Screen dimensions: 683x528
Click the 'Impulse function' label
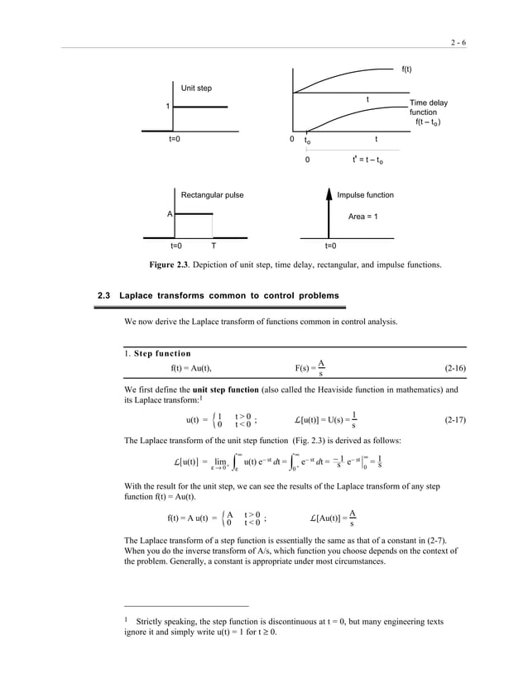(x=365, y=195)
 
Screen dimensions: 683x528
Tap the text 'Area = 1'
(x=361, y=215)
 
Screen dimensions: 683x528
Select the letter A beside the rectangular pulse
(x=170, y=213)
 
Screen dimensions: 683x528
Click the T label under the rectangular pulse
(x=213, y=246)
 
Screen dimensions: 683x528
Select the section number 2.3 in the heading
(x=104, y=295)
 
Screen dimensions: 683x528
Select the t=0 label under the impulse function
(x=329, y=246)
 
